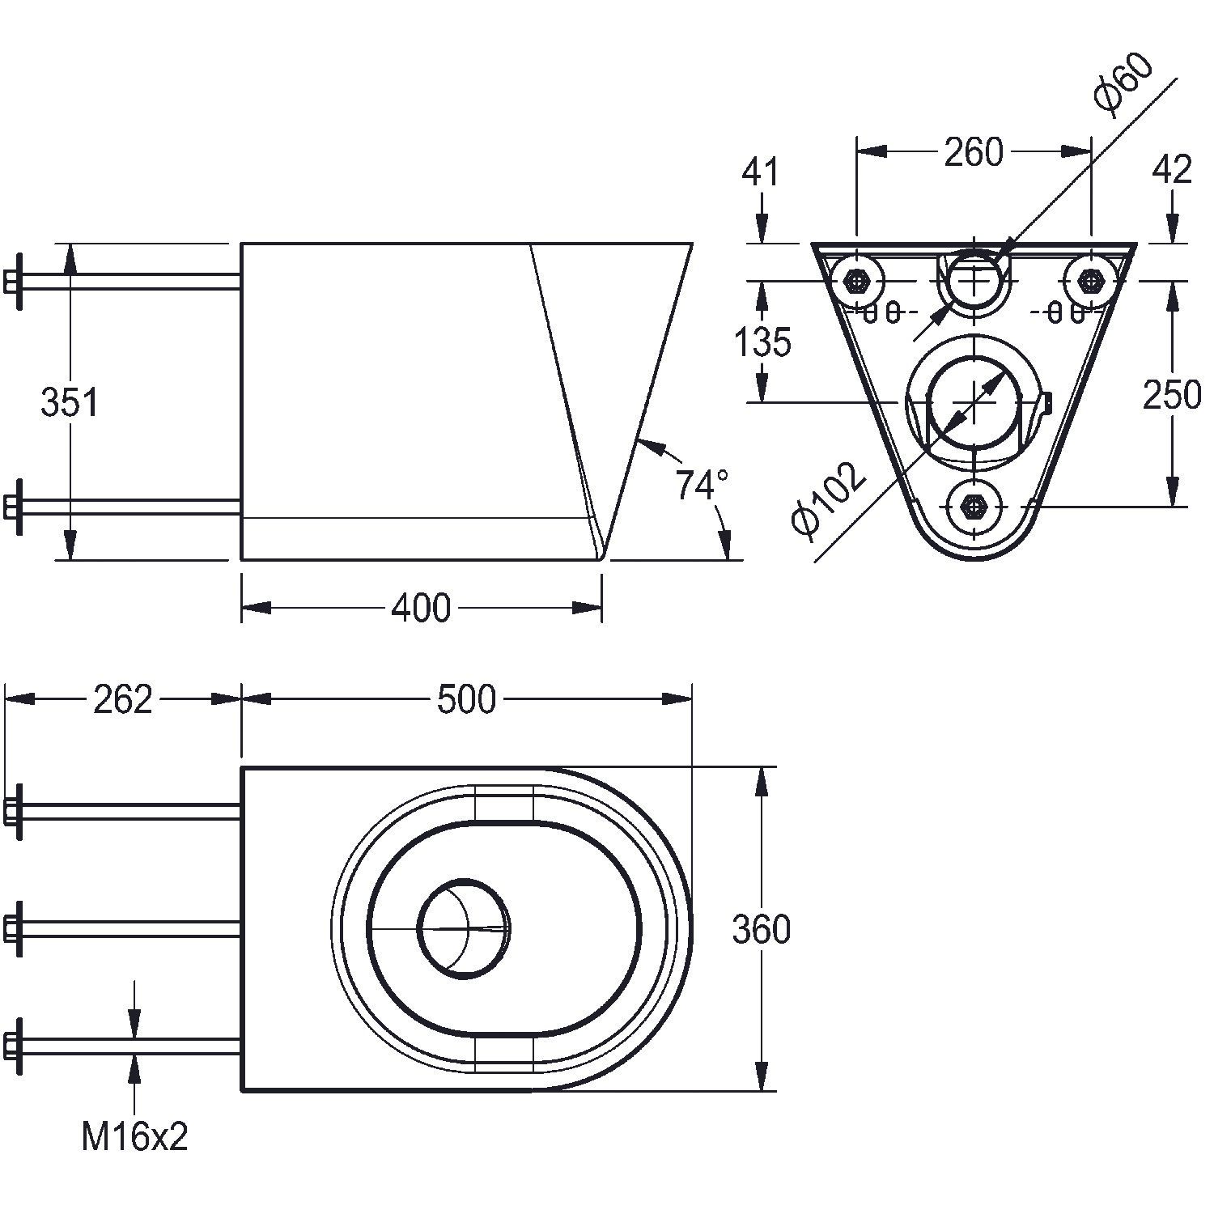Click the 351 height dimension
(x=70, y=402)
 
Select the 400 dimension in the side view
(x=421, y=608)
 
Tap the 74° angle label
(x=701, y=486)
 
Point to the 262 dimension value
(x=123, y=699)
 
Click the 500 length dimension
(x=466, y=699)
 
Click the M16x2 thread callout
(x=134, y=1137)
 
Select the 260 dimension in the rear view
(x=974, y=152)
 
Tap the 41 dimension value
(x=761, y=172)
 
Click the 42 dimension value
(x=1171, y=170)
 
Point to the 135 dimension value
(x=762, y=342)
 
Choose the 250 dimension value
(x=1171, y=395)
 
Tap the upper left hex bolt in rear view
(x=855, y=281)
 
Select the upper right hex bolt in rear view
(x=1091, y=281)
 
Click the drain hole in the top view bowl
(x=463, y=927)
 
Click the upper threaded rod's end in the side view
(x=13, y=281)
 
